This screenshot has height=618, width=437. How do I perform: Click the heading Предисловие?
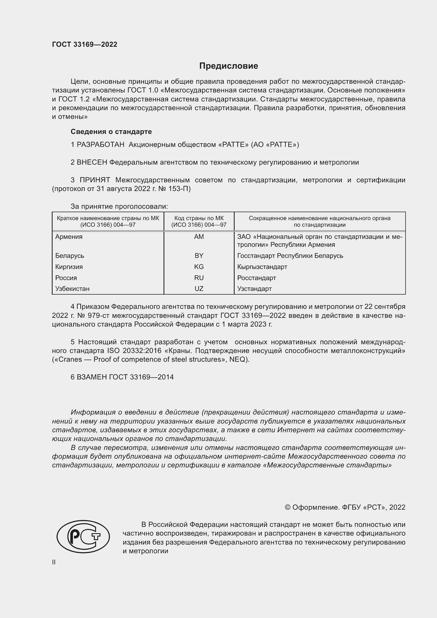click(x=229, y=66)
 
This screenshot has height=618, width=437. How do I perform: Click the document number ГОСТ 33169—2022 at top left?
click(x=85, y=44)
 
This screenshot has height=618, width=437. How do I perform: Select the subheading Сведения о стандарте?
click(x=111, y=132)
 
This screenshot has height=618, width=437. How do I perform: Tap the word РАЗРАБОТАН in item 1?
click(x=100, y=145)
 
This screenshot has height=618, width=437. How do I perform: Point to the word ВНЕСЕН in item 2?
click(x=92, y=162)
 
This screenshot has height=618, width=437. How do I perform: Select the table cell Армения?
click(x=69, y=236)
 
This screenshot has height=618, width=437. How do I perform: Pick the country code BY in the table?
click(x=199, y=255)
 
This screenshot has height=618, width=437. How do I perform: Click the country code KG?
click(x=199, y=267)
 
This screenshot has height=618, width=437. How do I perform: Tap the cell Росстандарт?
click(x=257, y=278)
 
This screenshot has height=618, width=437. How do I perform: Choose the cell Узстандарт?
click(x=254, y=289)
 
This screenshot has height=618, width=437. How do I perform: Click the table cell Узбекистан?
click(x=72, y=289)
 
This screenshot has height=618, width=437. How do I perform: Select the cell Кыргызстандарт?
click(x=262, y=267)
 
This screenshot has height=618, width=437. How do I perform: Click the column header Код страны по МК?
click(x=199, y=218)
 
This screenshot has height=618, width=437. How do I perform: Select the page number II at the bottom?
click(x=54, y=562)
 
